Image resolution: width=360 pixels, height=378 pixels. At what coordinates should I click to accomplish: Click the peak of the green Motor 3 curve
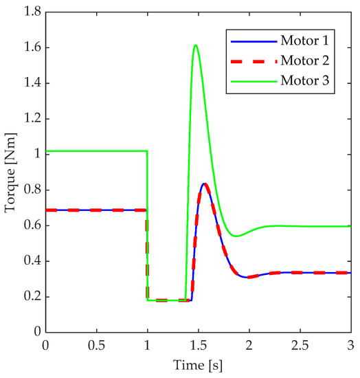(196, 45)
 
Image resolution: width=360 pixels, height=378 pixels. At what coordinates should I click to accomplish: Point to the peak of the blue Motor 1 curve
(205, 184)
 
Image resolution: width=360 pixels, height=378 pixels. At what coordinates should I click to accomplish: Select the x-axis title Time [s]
(199, 364)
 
